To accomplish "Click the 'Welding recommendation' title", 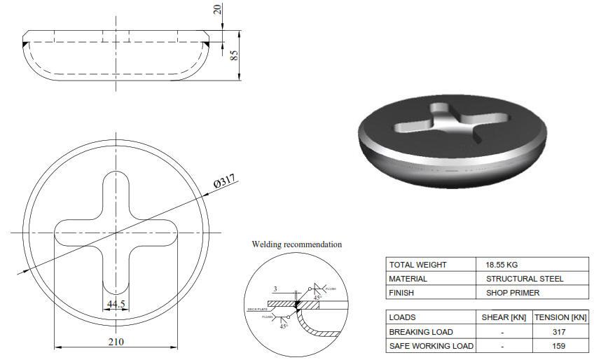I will [297, 244].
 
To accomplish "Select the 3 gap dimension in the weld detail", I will [276, 289].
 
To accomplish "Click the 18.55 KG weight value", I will [502, 265].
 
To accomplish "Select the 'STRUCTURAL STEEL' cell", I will [524, 278].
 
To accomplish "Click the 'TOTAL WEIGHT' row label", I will [417, 265].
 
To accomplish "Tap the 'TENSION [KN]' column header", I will [560, 317].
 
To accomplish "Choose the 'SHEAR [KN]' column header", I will [502, 317].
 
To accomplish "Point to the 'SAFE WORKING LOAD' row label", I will [431, 345].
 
